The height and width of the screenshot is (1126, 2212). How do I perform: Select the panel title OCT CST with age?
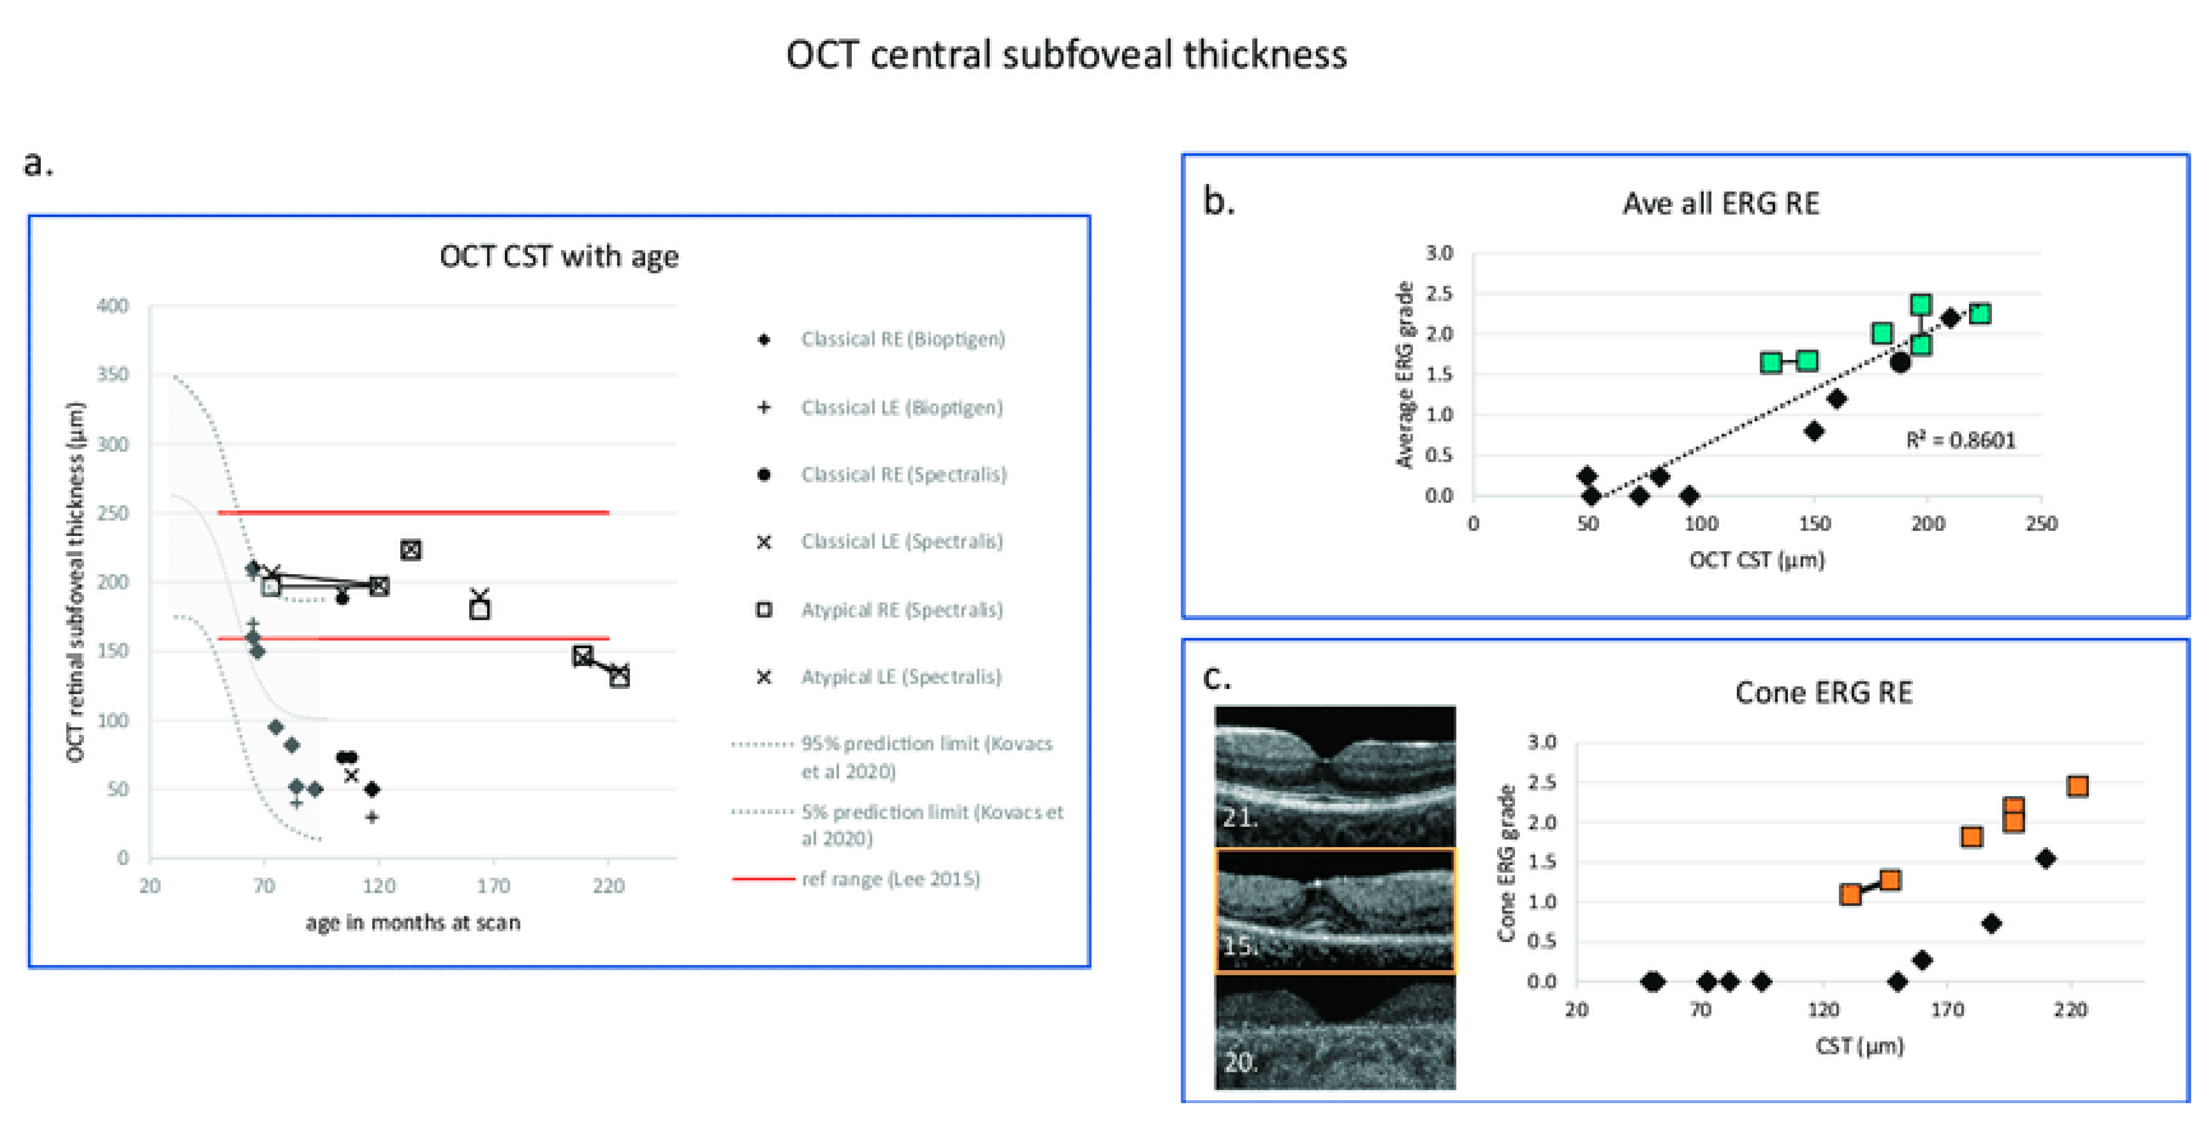coord(559,256)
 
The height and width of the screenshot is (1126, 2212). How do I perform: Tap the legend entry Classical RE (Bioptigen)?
coord(902,339)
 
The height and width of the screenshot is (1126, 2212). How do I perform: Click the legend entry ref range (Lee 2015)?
coord(890,878)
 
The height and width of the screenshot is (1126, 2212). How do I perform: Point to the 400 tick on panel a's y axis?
coord(112,306)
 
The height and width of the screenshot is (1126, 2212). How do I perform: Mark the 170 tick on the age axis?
coord(494,885)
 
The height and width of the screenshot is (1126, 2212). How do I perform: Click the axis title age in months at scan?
coord(413,923)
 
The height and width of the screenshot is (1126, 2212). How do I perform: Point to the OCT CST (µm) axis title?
coord(1757,560)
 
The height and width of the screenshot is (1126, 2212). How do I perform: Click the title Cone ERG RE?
coord(1823,693)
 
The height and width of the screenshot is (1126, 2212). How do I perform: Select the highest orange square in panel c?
coord(2077,786)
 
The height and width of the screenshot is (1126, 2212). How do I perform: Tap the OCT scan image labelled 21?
coord(1335,777)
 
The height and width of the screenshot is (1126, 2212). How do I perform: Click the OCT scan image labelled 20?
coord(1335,1033)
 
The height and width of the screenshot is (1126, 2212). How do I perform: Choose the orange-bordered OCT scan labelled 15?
coord(1335,910)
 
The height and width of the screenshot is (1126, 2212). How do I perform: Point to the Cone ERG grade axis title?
coord(1505,863)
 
